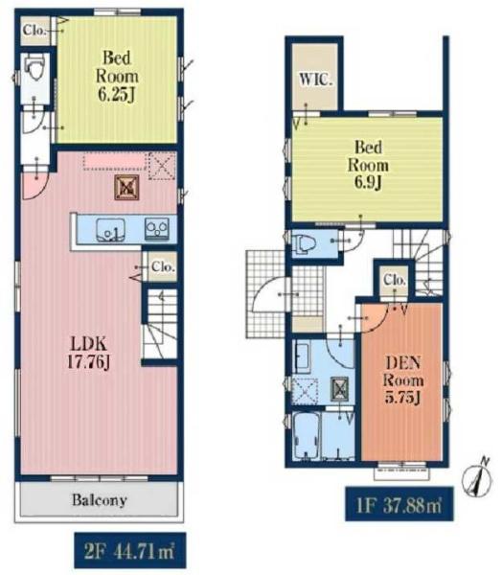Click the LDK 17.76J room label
pos(89,353)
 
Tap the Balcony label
pos(100,500)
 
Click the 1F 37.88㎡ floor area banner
pos(399,505)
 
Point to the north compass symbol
pos(478,476)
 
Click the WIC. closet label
pos(316,80)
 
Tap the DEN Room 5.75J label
pos(402,379)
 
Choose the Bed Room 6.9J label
pos(368,166)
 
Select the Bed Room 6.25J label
pos(117,77)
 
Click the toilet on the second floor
pos(34,69)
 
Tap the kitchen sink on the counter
pos(110,230)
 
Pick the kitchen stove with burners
pos(157,229)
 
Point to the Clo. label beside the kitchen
pos(163,267)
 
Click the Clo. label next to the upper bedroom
pos(34,31)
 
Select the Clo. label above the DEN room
pos(395,280)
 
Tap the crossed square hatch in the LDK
pos(126,188)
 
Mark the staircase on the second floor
pos(160,324)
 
